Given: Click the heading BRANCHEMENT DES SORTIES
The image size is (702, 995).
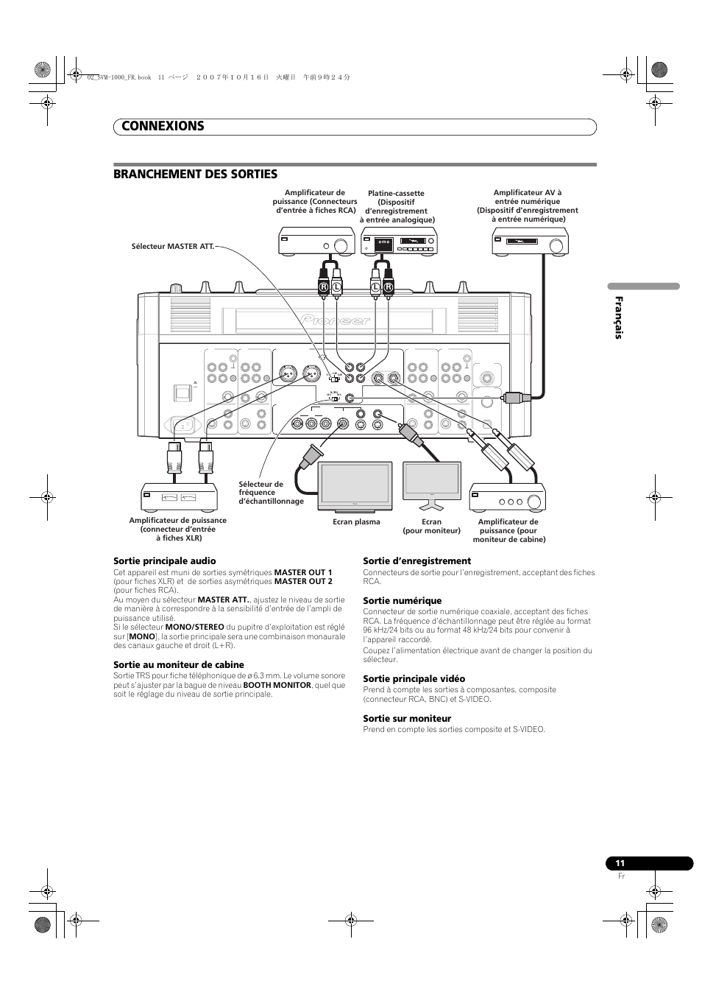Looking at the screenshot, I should click(195, 174).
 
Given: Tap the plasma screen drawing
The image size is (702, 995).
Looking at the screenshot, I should click(355, 487).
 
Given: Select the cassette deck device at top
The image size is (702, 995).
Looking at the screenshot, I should click(399, 242).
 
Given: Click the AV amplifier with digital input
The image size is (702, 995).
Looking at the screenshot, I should click(530, 241).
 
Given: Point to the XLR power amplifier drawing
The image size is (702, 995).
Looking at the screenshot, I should click(179, 498).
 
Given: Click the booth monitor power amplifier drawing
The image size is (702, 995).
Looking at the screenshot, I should click(508, 498).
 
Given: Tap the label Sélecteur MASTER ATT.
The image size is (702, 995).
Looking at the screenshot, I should click(171, 246).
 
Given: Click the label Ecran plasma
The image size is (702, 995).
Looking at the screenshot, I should click(356, 522).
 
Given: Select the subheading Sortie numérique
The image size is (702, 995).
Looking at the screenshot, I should click(402, 601).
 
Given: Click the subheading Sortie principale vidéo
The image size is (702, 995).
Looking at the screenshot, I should click(414, 679).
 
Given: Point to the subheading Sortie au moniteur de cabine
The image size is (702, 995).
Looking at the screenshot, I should click(178, 665).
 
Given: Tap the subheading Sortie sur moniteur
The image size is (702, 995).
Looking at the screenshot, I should click(407, 719).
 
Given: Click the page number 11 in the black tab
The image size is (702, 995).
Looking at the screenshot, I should click(620, 863).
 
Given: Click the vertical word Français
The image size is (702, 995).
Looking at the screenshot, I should click(619, 317).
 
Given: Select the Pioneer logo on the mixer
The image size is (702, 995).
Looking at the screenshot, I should click(336, 320).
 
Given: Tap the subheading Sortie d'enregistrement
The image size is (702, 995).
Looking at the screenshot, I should click(416, 561).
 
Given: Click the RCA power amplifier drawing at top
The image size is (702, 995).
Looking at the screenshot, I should click(315, 242).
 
